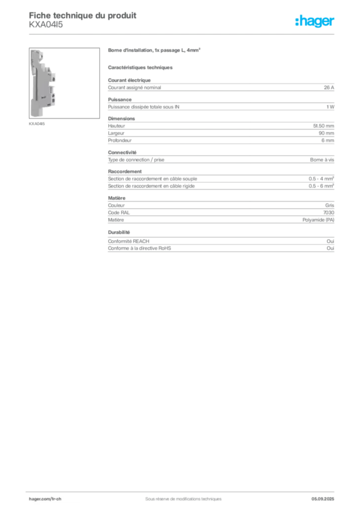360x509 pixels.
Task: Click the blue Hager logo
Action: tap(315, 22)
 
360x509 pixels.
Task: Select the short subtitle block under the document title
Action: tap(46, 27)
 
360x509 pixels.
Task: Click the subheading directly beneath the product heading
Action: tap(141, 66)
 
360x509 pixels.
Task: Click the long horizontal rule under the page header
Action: tap(183, 34)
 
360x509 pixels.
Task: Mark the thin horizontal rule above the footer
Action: tap(183, 490)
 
